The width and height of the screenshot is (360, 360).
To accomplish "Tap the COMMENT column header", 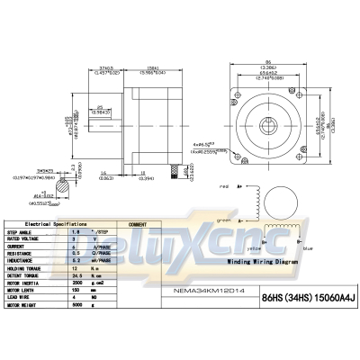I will click(138, 222).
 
